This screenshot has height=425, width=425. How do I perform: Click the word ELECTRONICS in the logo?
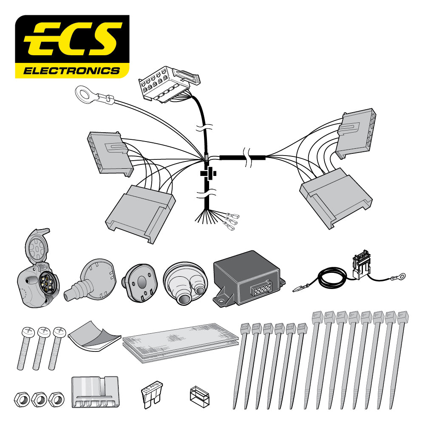71,71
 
